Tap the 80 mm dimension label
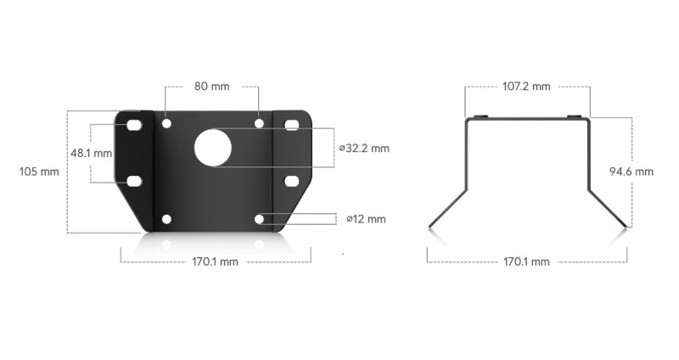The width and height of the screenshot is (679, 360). point(212,87)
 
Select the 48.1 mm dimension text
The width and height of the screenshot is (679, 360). point(91,154)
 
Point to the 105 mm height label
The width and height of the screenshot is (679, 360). point(38,171)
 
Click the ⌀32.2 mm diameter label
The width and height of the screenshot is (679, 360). point(364,148)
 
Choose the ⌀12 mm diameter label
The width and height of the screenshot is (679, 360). point(366,219)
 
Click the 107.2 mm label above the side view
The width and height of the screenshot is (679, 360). point(526,87)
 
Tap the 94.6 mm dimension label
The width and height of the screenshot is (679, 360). point(631,171)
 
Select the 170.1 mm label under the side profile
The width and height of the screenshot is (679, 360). point(526,262)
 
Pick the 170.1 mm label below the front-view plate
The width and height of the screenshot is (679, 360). point(216,262)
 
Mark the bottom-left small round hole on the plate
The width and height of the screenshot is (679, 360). point(166,220)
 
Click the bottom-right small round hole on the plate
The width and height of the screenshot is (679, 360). point(260,220)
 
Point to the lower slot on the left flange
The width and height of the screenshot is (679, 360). point(134,181)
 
